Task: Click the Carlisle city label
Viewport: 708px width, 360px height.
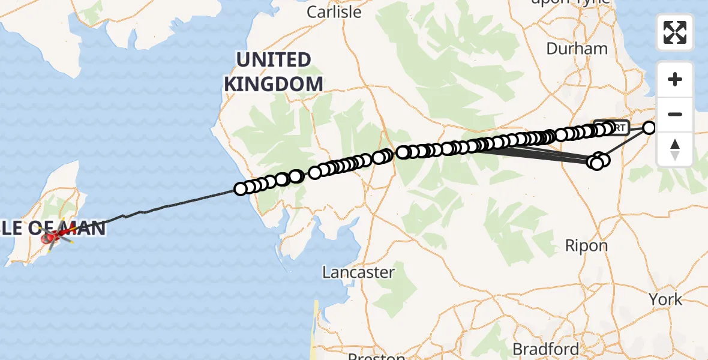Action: (334, 12)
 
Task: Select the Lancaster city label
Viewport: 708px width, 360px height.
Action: (359, 272)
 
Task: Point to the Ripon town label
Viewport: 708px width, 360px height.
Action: (586, 245)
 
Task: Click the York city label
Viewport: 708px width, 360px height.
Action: (665, 299)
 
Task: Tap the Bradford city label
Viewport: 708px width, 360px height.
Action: (546, 349)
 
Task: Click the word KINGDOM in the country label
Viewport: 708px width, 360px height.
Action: (274, 84)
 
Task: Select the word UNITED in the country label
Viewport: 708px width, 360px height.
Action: (274, 60)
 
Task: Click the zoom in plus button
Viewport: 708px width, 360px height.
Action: (675, 79)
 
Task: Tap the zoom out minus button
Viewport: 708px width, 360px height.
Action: (675, 114)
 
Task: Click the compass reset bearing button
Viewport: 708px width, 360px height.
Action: (675, 149)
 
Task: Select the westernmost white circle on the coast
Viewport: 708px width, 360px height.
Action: (241, 189)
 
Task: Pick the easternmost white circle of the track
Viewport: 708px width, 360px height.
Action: (650, 127)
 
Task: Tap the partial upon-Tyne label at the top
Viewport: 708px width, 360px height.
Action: (569, 2)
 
